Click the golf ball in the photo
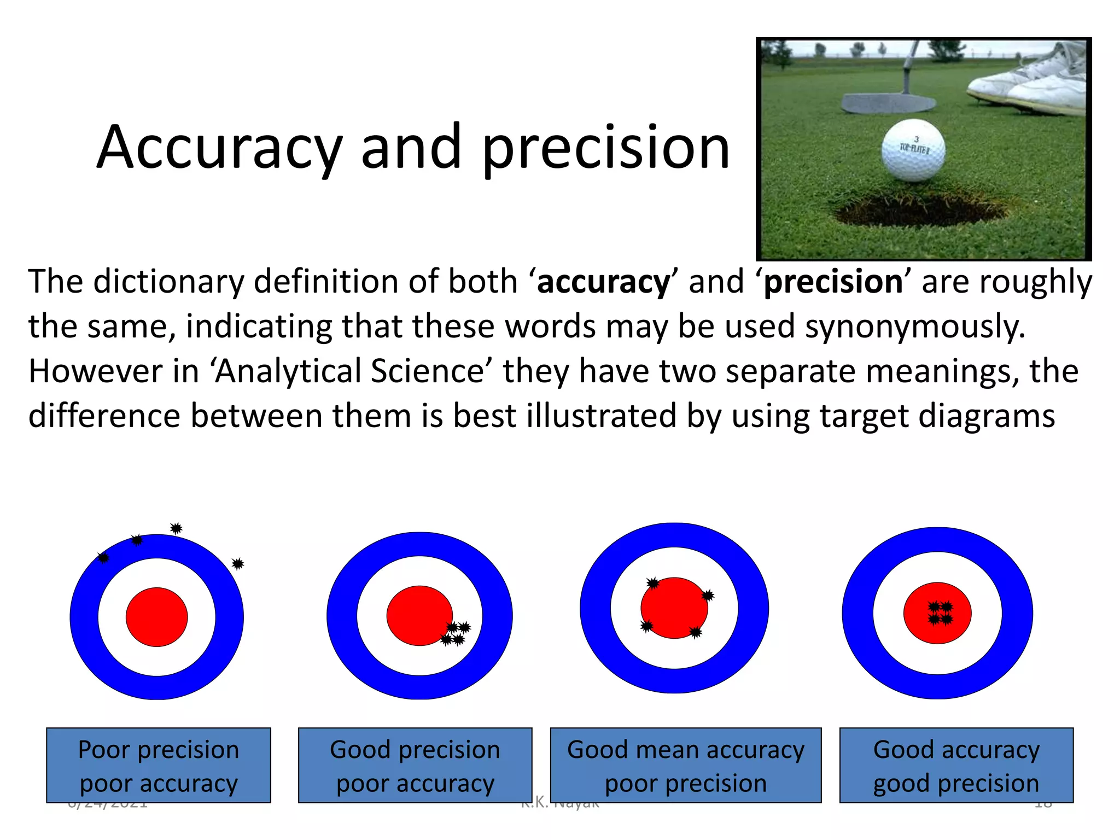(x=913, y=150)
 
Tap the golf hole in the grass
(x=919, y=211)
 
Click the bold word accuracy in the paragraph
(x=603, y=282)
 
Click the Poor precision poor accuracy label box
(x=159, y=765)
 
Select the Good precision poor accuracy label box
(x=415, y=765)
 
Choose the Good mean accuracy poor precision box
(x=686, y=765)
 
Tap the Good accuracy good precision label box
(x=956, y=765)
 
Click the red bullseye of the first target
(x=157, y=617)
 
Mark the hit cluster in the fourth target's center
(x=941, y=613)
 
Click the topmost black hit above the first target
(x=176, y=528)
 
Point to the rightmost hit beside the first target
(x=237, y=563)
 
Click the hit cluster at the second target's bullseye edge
(x=456, y=633)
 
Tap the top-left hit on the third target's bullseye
(x=652, y=584)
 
